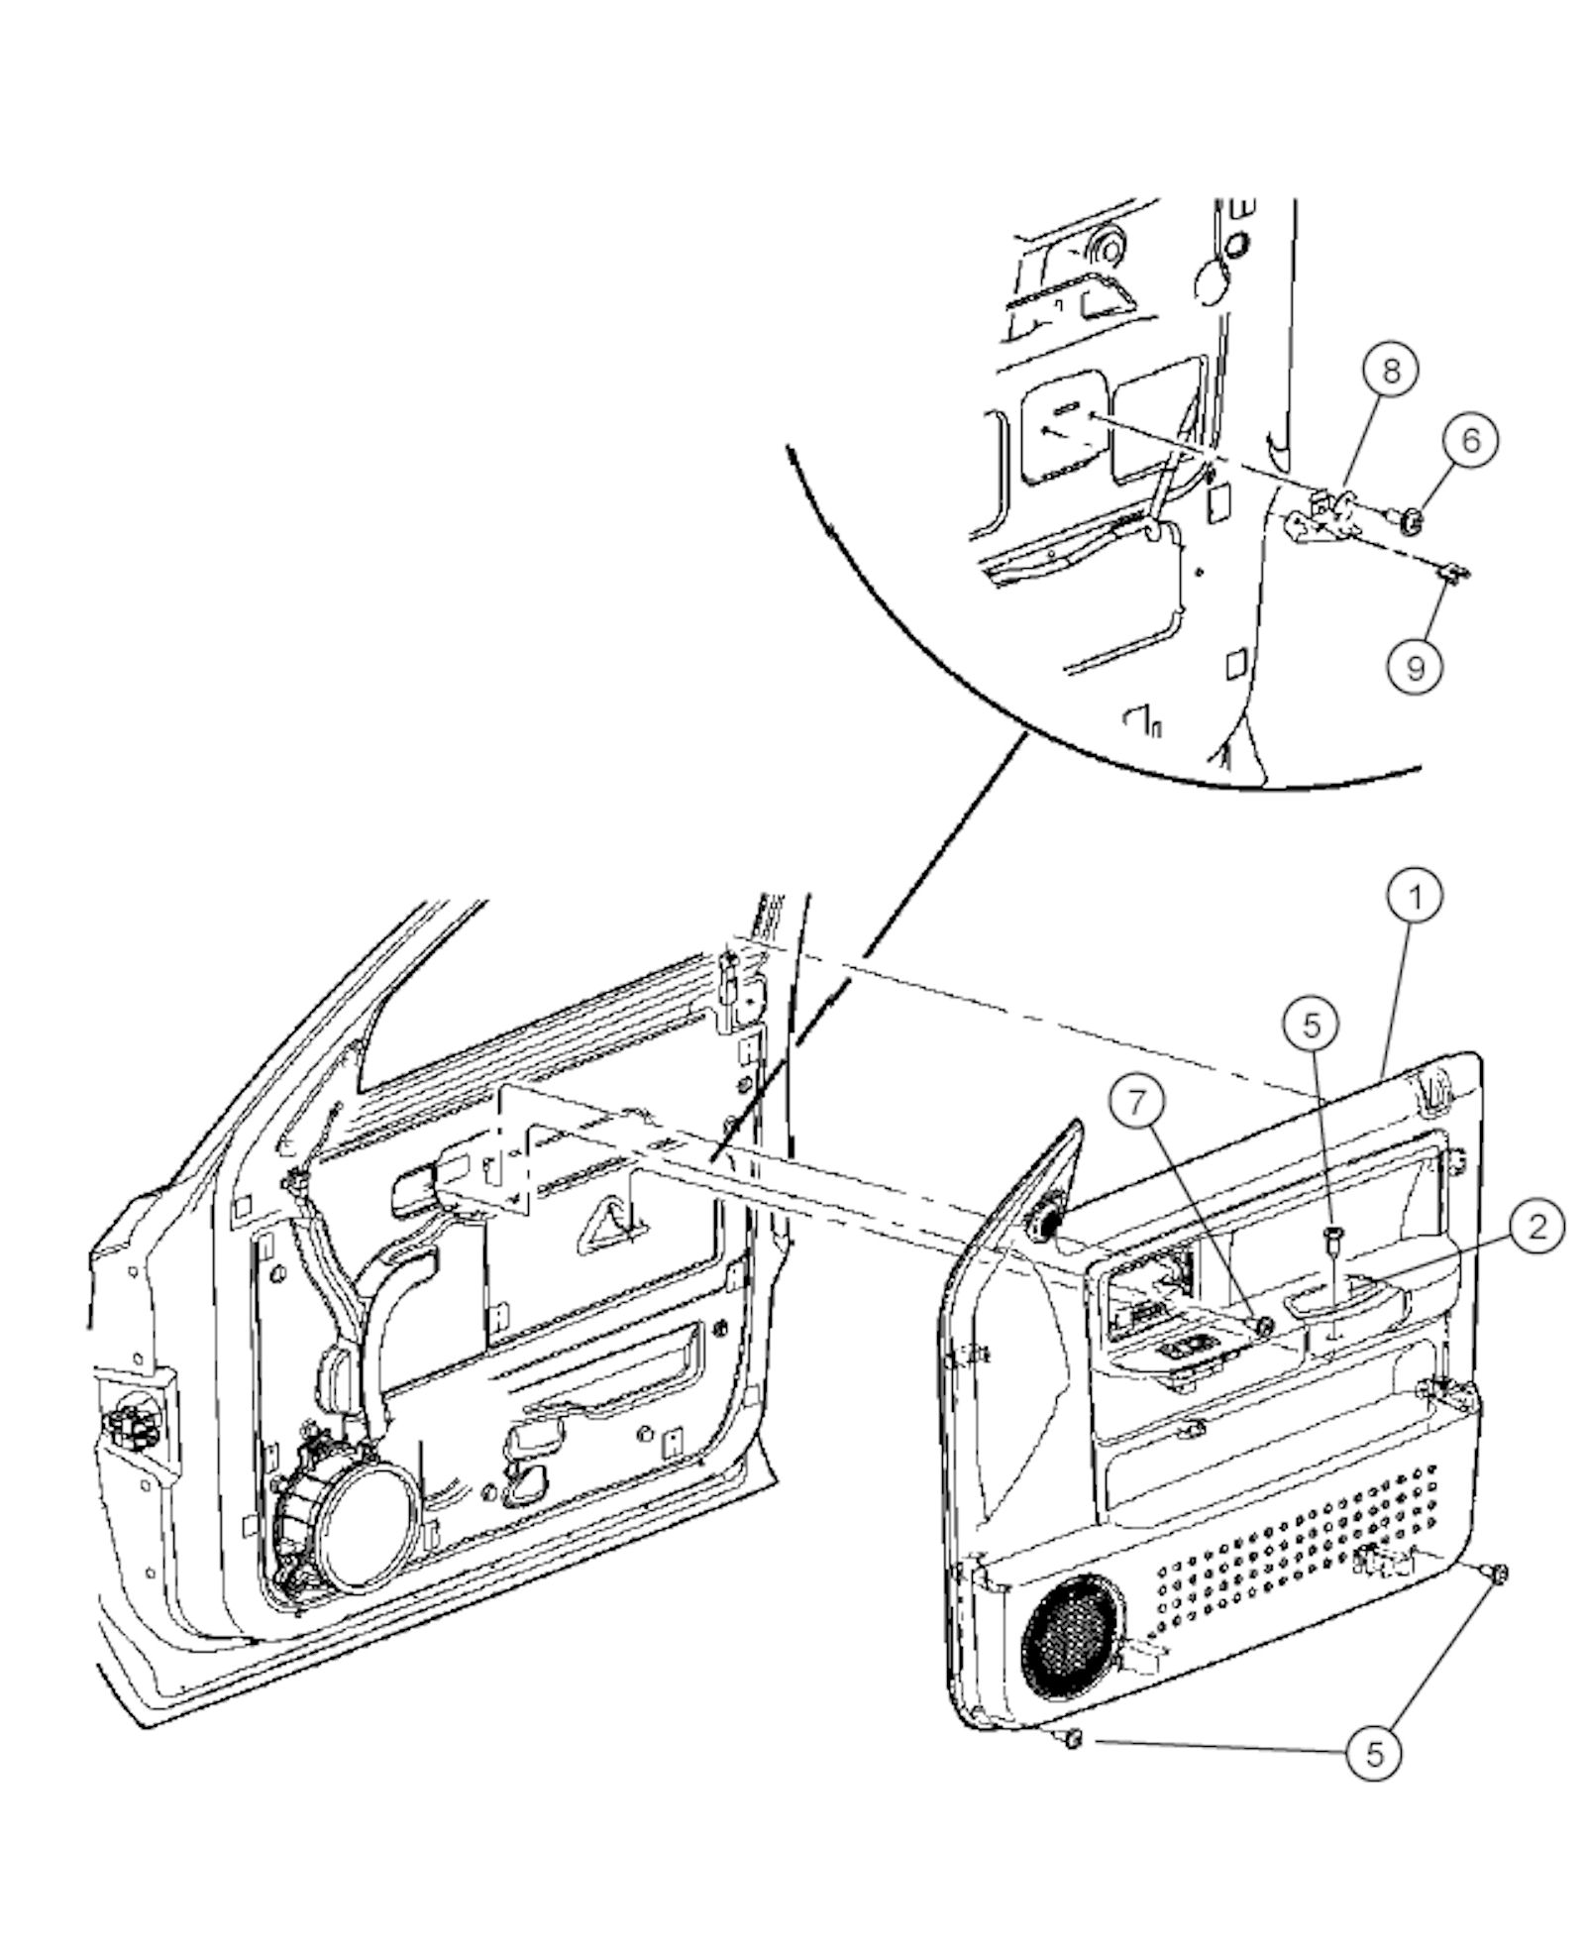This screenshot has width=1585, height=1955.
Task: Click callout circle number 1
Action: pos(1414,898)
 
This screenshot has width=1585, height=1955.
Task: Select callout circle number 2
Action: pos(1534,1228)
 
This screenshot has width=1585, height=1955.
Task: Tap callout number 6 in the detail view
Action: pos(1470,438)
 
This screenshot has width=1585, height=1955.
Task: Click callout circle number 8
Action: pos(1390,371)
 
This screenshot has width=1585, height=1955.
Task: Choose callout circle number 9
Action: pos(1414,667)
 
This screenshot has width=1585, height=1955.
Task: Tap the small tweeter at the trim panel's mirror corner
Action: pos(1045,1226)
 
